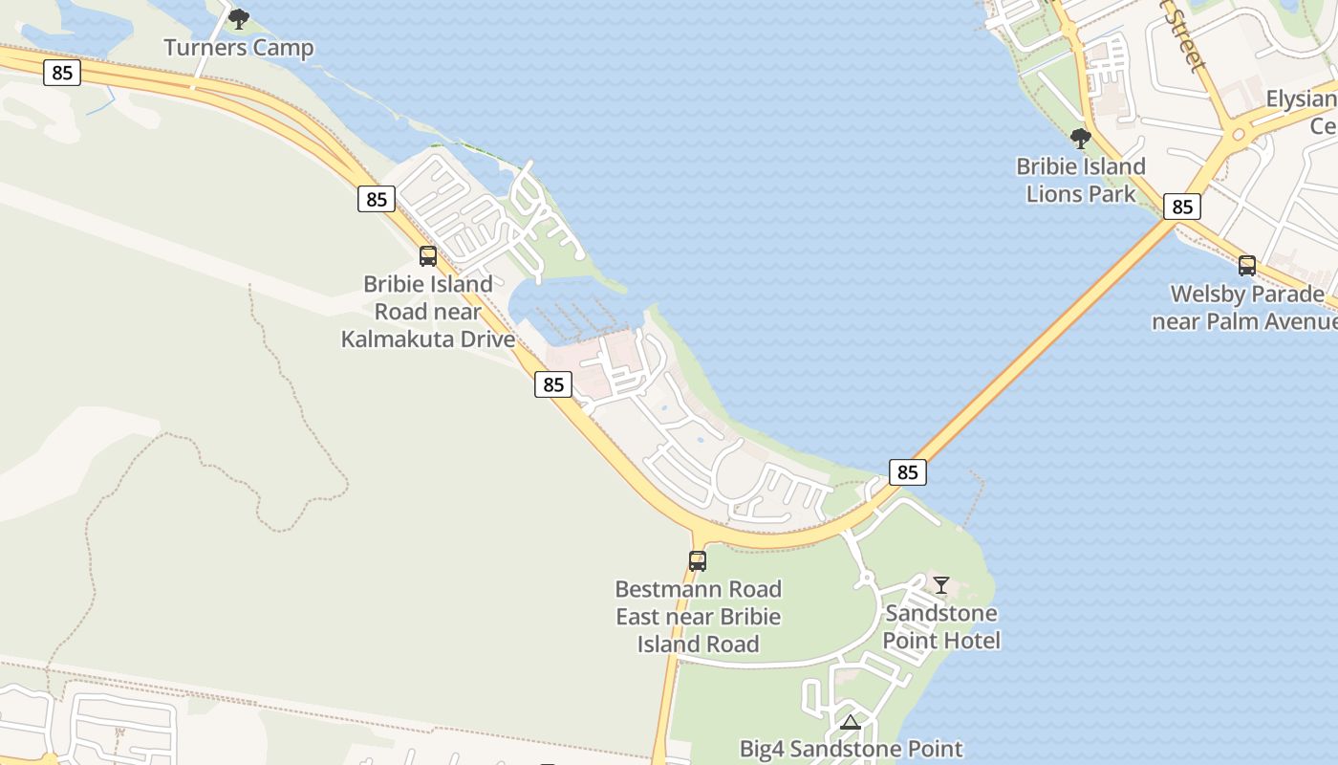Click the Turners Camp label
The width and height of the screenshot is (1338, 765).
(238, 47)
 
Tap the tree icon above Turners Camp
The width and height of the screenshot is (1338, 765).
(239, 18)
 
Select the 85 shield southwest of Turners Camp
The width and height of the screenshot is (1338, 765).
(62, 73)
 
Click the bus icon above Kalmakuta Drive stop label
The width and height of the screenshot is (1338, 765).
(428, 256)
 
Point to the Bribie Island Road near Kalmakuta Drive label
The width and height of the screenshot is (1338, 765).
(428, 311)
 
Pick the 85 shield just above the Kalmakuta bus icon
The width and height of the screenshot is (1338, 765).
(377, 199)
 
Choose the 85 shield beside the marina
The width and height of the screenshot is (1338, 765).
(553, 384)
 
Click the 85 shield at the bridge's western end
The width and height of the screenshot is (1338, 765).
(907, 471)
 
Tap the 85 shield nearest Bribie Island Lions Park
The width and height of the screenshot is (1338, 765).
(1182, 207)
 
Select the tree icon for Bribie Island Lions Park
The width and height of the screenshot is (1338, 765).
(1081, 139)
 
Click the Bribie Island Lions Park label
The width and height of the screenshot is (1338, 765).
(1081, 180)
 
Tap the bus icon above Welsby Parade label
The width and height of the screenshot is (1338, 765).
(1247, 266)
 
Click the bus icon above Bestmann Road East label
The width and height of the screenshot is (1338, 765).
(698, 561)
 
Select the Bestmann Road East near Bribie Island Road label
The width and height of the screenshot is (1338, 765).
(698, 616)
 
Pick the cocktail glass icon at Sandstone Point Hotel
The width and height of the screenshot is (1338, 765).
(941, 584)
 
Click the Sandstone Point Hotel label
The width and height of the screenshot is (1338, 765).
(941, 626)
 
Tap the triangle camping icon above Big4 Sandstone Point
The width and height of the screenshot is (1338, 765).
(851, 722)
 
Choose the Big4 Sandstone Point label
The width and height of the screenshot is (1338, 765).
(851, 749)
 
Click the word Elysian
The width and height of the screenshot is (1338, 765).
(1301, 99)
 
